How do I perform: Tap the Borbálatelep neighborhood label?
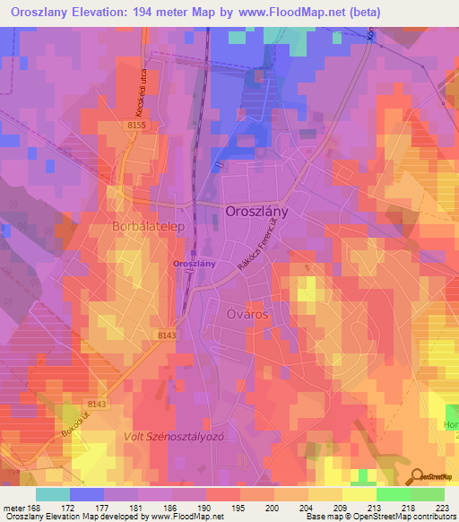point(147,227)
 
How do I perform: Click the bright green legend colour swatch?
point(393,494)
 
